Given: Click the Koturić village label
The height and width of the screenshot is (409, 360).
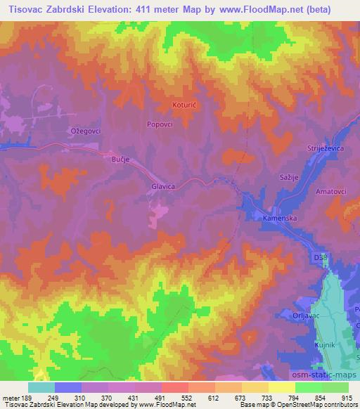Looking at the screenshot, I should click(x=185, y=106).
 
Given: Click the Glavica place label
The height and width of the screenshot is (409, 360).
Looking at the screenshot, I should click(x=162, y=187).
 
